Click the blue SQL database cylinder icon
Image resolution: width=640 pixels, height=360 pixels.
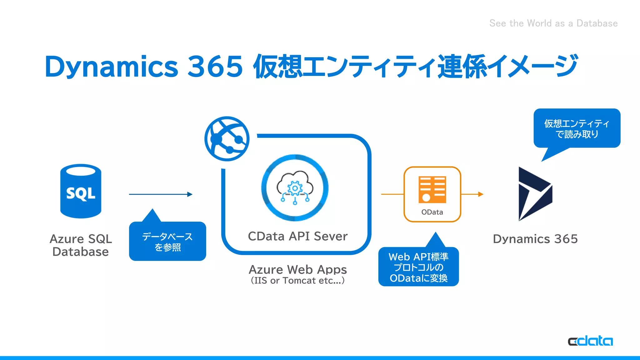81,191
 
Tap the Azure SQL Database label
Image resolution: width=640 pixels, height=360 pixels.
81,245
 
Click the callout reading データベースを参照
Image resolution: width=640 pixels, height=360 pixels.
167,242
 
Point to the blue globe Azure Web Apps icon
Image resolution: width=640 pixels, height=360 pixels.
227,139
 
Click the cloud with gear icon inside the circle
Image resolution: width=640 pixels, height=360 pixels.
295,188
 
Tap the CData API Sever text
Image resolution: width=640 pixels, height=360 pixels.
297,236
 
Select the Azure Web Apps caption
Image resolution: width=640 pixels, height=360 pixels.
297,269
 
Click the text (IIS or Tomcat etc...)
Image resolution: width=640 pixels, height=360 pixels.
297,281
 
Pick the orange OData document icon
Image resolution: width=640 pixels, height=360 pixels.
432,190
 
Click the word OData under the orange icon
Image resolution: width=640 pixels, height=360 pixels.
432,212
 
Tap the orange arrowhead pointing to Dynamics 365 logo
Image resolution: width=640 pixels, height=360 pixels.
481,194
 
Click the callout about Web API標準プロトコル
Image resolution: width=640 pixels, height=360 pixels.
418,267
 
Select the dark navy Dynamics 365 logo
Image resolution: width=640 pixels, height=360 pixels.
535,194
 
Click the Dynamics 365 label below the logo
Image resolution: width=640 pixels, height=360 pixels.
535,239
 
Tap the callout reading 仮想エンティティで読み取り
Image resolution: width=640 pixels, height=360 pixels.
577,128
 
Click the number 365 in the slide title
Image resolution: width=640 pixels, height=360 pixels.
215,67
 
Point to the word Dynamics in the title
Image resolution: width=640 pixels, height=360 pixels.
111,67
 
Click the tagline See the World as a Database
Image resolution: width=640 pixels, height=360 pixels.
553,23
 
